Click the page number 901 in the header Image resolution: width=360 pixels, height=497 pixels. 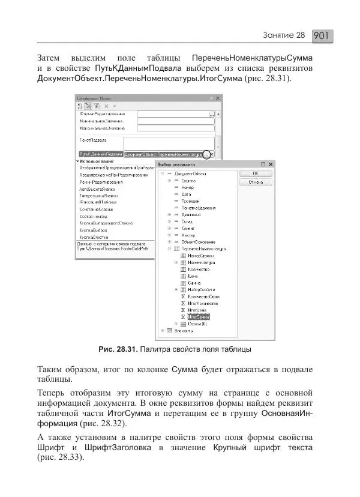point(322,36)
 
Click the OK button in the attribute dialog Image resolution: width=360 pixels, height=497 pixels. point(256,173)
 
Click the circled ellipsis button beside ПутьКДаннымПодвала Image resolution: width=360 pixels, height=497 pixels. point(207,154)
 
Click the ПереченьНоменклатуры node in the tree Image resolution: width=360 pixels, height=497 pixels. point(204,248)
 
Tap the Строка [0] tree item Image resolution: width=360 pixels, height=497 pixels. point(197,324)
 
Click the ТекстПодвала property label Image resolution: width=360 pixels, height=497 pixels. point(93,140)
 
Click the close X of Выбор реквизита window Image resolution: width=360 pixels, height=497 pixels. point(270,164)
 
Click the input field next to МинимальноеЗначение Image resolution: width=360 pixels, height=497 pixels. point(175,121)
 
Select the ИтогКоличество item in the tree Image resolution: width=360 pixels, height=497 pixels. point(201,303)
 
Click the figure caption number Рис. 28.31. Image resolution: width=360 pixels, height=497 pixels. point(118,349)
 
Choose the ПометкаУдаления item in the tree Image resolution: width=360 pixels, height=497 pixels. point(198,208)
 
